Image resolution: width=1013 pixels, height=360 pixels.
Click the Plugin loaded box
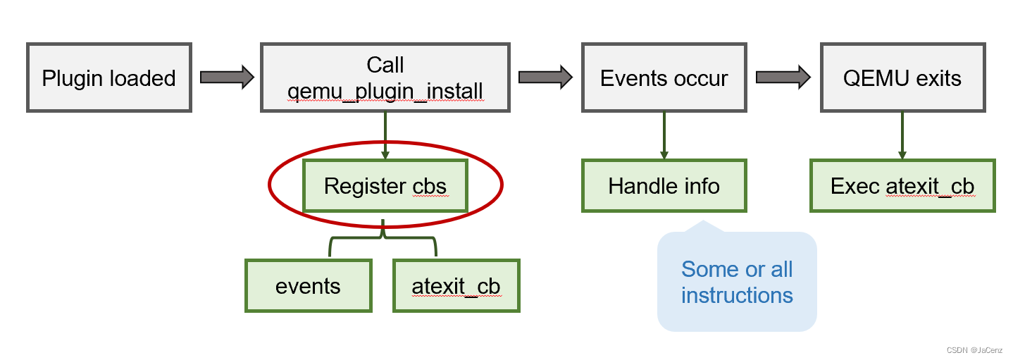coord(109,77)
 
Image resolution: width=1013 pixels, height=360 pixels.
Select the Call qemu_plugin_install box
coord(385,77)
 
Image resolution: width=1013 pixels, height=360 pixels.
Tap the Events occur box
coord(664,77)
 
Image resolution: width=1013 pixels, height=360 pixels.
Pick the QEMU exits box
coord(902,77)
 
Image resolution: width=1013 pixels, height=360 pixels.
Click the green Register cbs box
coord(385,186)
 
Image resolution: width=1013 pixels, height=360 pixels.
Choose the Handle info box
coord(664,186)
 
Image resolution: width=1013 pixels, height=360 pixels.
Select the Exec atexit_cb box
coord(902,186)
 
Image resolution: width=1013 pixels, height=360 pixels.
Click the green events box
coord(308,286)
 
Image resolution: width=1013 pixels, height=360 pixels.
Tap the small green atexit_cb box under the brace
coord(456,286)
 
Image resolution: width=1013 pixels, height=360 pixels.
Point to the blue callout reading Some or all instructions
coord(736,282)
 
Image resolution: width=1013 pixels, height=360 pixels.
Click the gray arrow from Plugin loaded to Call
coord(226,77)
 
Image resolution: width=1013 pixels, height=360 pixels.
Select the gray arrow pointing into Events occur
coord(544,77)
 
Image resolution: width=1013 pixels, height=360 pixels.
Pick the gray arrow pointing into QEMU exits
coord(782,77)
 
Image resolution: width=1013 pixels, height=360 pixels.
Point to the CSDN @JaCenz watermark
coord(974,350)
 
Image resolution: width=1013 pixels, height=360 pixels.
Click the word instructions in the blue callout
coord(737,295)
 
